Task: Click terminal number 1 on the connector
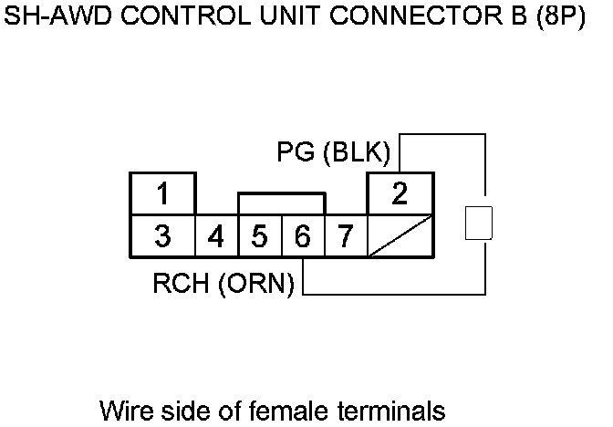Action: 162,193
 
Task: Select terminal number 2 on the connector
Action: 400,193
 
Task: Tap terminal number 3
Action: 162,236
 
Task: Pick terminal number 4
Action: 216,237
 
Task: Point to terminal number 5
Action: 260,237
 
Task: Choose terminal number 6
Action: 303,237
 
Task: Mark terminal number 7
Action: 345,237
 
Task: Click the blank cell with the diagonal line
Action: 400,237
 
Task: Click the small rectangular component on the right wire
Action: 479,223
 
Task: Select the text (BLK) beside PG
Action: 355,151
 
